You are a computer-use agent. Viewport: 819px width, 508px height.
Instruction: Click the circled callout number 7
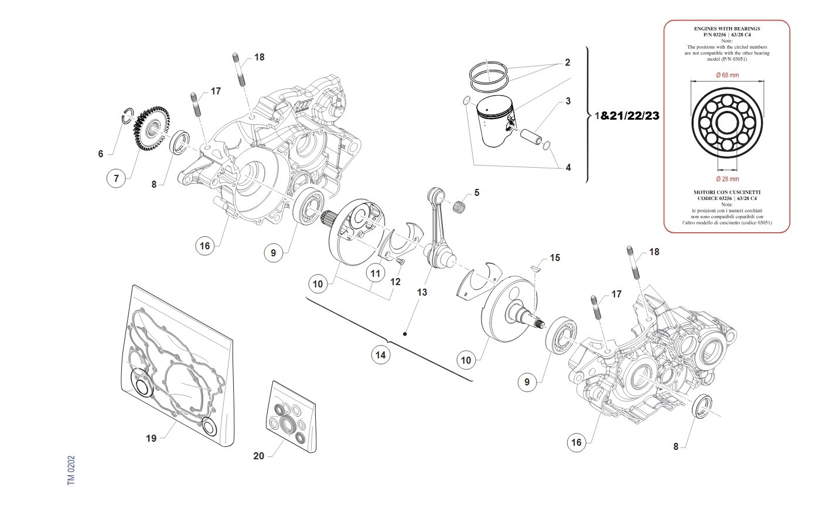116,178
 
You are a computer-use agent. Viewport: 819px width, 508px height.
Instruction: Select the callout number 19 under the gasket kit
151,438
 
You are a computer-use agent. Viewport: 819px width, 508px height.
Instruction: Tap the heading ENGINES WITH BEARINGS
726,28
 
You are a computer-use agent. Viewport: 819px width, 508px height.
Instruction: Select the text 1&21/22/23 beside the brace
627,116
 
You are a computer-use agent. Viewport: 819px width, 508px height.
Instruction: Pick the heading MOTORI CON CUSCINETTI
726,192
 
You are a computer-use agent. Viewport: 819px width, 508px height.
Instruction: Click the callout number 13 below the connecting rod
422,292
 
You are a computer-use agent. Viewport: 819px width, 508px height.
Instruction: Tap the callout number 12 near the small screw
395,282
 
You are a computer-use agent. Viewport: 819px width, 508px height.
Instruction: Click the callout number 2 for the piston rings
567,62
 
